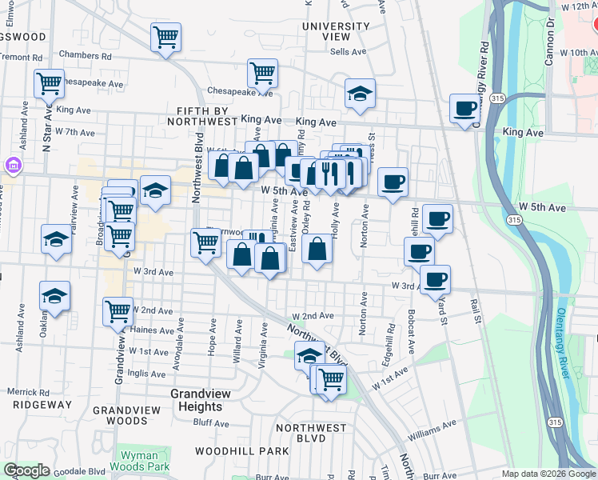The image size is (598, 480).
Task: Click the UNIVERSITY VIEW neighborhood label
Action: pos(337,31)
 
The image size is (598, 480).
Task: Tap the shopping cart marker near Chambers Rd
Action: pos(165,37)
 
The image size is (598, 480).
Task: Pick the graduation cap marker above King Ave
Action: pos(360,94)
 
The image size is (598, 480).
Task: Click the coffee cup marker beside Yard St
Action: pos(435,279)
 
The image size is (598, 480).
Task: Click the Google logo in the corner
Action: pos(26,470)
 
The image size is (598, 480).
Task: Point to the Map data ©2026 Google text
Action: pos(548,474)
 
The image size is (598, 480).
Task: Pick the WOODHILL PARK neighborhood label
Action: pos(247,451)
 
